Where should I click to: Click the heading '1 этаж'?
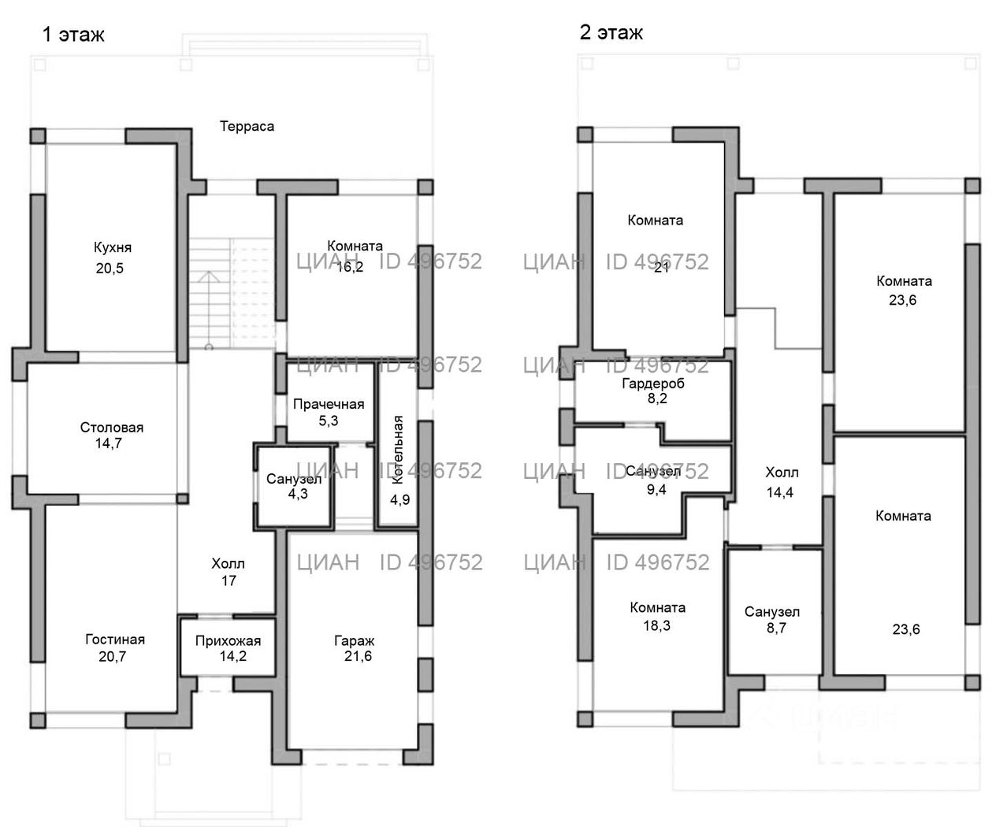(72, 35)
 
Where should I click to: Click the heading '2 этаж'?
(611, 32)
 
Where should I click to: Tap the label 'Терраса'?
(247, 126)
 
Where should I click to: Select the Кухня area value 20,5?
(110, 269)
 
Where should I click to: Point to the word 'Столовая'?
(112, 428)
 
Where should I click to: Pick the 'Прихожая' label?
(228, 640)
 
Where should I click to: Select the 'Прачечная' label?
(329, 404)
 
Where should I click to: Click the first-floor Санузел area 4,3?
(293, 495)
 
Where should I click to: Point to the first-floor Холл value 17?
(229, 581)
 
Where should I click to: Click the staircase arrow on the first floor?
(210, 277)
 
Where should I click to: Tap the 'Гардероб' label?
(653, 384)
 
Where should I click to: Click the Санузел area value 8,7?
(772, 628)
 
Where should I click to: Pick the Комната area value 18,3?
(657, 625)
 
